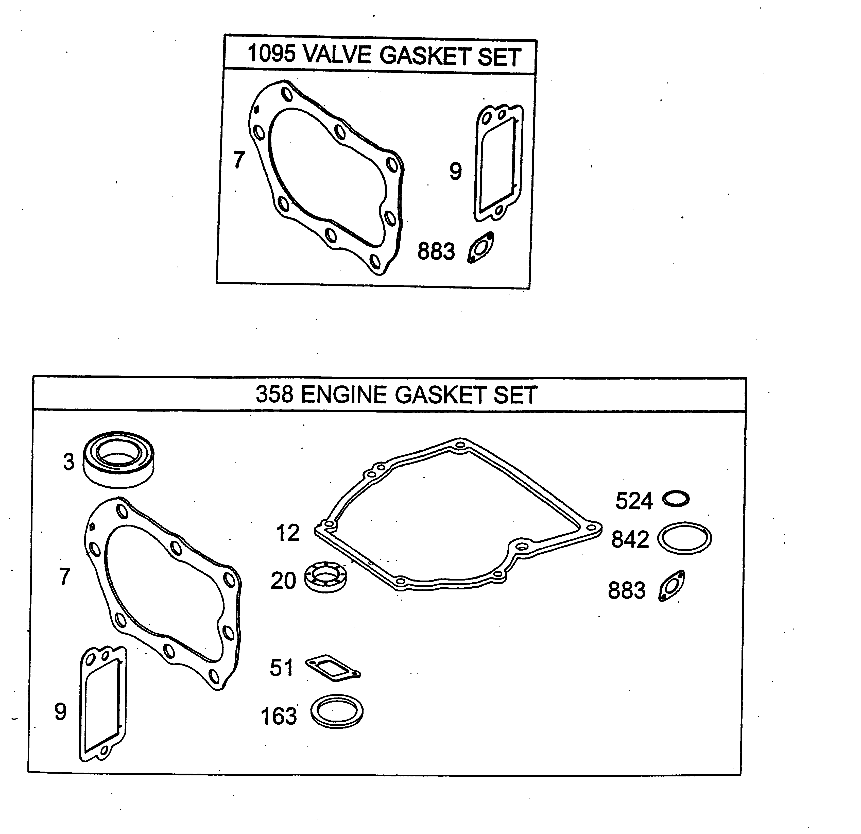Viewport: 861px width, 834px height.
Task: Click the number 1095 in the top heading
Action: [x=271, y=54]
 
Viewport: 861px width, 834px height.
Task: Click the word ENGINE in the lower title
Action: [x=345, y=395]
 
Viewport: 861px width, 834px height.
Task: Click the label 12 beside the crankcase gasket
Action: [x=288, y=533]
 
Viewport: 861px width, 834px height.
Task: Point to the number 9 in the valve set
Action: [x=456, y=171]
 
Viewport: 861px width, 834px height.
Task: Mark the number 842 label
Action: [x=630, y=539]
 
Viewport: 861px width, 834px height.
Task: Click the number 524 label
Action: [x=634, y=501]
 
